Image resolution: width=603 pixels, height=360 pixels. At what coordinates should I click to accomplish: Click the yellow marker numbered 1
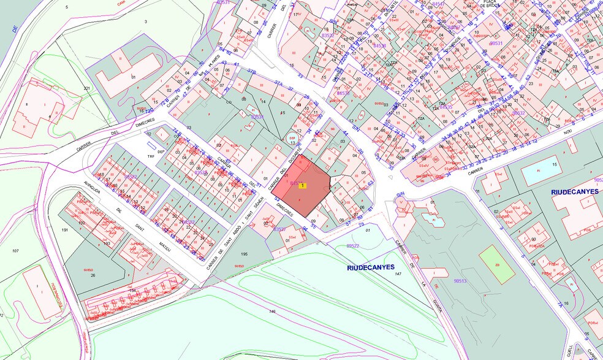[302, 186]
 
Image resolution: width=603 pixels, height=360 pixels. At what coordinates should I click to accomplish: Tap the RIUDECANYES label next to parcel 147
[371, 267]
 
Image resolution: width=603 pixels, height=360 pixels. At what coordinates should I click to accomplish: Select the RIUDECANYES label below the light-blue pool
[575, 192]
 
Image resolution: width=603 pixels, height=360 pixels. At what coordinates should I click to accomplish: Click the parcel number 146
[272, 312]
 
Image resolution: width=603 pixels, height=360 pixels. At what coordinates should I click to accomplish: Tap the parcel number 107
[15, 251]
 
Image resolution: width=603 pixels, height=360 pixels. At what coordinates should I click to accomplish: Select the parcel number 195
[244, 254]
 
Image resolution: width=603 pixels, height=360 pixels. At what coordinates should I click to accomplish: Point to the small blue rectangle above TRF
[151, 145]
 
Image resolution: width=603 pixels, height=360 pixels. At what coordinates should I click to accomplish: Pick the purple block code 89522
[353, 245]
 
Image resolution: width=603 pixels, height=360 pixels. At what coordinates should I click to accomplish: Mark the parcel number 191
[66, 229]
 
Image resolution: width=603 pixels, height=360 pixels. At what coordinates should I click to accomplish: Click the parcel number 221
[86, 89]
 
